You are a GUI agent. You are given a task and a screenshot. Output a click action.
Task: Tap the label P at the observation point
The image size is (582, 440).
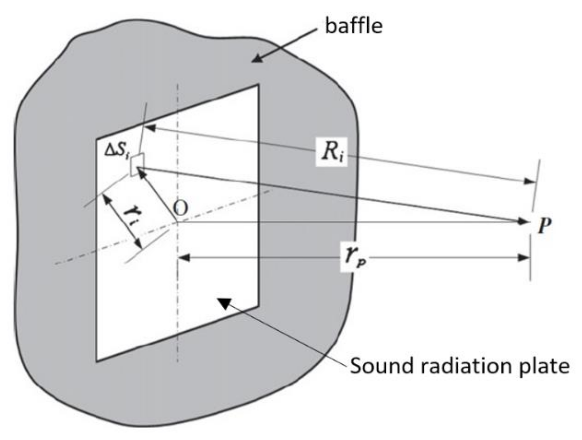pos(544,225)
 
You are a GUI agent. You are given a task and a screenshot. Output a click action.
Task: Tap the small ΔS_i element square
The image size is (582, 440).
pos(137,164)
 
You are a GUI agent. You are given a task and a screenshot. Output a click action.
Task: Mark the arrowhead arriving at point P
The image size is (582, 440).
pos(522,222)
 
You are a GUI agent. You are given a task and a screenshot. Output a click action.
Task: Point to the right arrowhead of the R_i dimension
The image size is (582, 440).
pos(530,181)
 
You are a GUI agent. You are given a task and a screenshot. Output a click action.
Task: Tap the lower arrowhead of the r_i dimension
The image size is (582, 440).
pos(138,243)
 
